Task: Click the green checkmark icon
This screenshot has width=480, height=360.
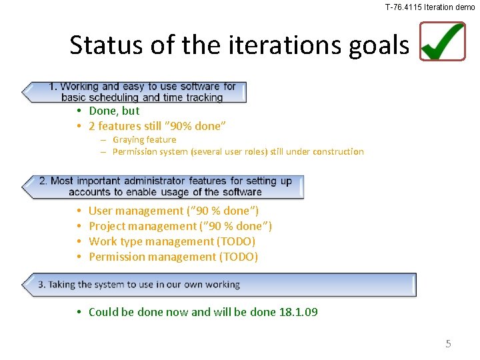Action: coord(443,41)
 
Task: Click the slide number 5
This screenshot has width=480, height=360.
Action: coord(448,344)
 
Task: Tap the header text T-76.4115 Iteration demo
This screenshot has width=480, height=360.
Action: coord(430,7)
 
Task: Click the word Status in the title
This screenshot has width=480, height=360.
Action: coord(100,45)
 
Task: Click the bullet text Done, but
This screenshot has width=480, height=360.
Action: coord(114,111)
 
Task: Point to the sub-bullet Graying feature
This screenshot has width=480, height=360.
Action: coord(144,139)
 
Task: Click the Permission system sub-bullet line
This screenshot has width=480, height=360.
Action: coord(238,151)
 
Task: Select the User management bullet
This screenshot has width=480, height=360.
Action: coord(173,211)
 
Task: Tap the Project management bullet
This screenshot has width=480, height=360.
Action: coord(180,226)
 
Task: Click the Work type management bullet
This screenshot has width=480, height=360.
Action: coord(171,241)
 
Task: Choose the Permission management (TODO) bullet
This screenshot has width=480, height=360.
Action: coord(173,257)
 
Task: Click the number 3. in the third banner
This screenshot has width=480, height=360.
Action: coord(42,285)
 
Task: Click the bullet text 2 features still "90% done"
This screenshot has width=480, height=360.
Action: coord(157,126)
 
